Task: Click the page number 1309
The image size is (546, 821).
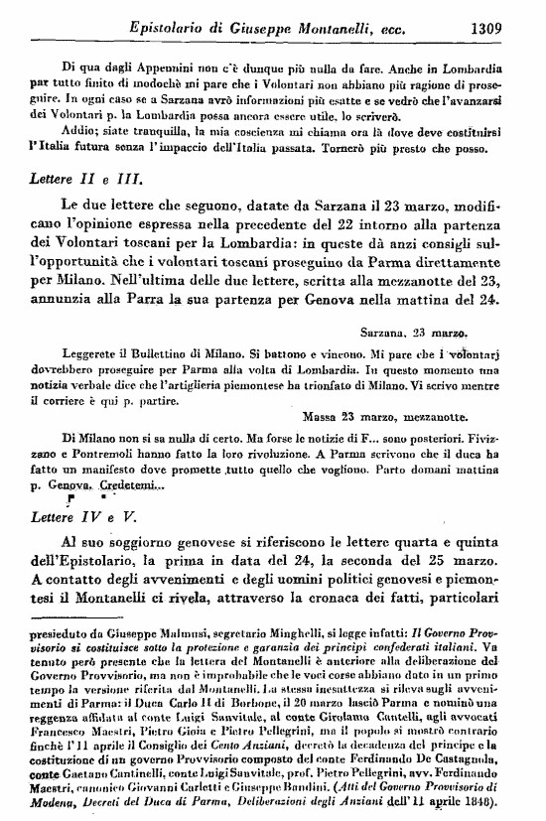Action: [x=505, y=28]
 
